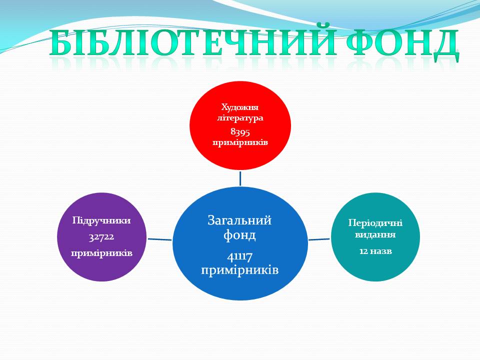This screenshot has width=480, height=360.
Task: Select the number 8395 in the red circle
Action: pos(240,131)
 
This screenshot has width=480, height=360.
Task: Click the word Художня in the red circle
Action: pos(240,107)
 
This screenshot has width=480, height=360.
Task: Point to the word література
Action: pos(240,118)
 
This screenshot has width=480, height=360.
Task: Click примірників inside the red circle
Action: pos(240,143)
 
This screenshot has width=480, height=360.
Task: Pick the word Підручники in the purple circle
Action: pos(101,221)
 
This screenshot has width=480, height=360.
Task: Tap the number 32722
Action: pos(101,237)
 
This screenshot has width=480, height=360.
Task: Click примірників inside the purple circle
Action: pos(101,253)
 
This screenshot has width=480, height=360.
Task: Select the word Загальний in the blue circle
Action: pos(239,220)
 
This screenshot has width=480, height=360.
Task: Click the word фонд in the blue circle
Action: pos(239,235)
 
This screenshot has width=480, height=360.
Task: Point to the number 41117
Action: pos(239,256)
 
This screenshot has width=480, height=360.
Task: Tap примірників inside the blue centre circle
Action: pos(239,270)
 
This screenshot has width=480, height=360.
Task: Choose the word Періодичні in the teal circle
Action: pos(375,223)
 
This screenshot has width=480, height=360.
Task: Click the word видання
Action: pos(375,235)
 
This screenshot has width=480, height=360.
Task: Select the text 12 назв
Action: pos(375,251)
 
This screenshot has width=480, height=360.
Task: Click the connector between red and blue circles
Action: pos(240,178)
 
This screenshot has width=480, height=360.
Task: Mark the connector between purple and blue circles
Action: pos(160,239)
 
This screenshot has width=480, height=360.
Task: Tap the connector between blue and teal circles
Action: pos(319,239)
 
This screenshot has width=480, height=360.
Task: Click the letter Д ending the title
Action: pos(446,45)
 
